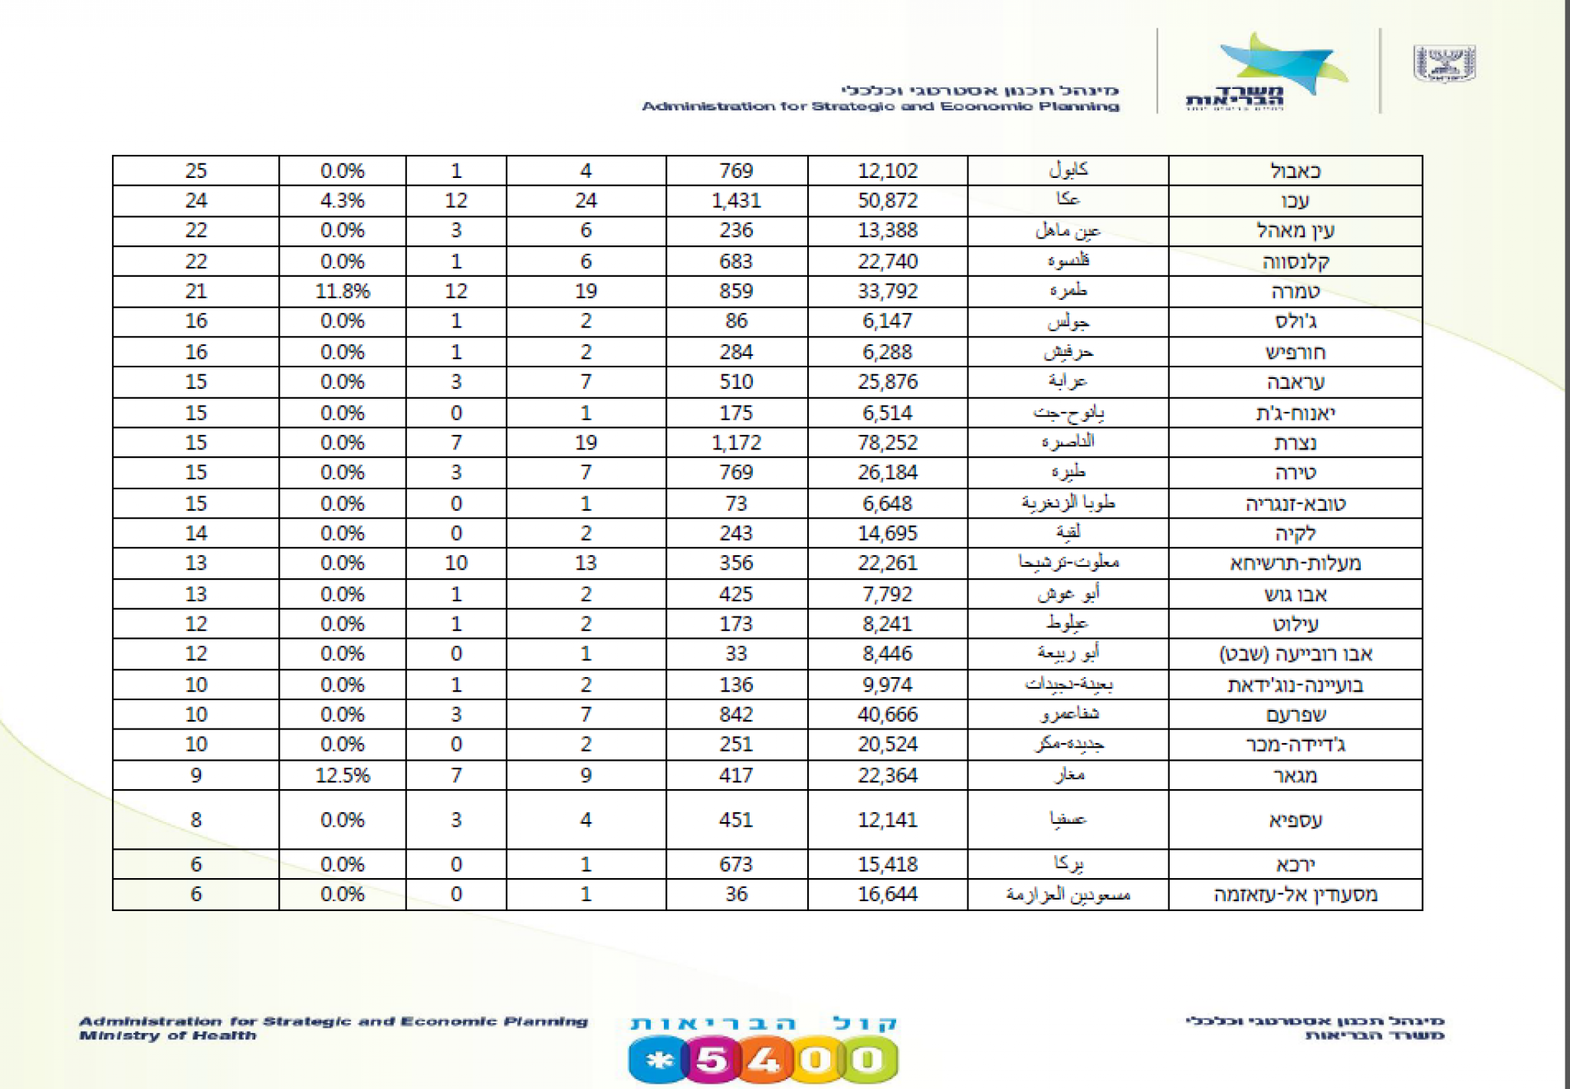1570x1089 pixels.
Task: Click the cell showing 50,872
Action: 887,201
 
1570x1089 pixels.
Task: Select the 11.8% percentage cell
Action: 342,291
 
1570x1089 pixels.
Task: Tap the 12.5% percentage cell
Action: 342,775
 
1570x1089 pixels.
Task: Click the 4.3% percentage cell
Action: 342,201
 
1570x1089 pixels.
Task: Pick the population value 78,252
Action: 887,443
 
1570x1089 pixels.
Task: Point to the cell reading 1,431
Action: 735,201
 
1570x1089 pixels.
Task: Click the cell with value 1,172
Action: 735,443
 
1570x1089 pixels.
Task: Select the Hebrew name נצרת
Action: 1295,443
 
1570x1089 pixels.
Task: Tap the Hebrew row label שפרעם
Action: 1295,715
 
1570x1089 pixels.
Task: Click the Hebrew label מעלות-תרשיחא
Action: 1295,564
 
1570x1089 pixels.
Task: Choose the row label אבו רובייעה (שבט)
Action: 1295,654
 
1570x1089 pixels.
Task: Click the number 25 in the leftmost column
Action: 195,170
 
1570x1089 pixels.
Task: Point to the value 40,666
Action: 887,715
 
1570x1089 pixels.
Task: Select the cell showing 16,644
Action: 887,894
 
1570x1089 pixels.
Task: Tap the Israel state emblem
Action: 1444,63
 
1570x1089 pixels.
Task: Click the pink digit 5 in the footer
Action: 711,1061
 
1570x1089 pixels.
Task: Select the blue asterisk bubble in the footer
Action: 658,1061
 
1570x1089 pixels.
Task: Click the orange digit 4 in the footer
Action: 764,1061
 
